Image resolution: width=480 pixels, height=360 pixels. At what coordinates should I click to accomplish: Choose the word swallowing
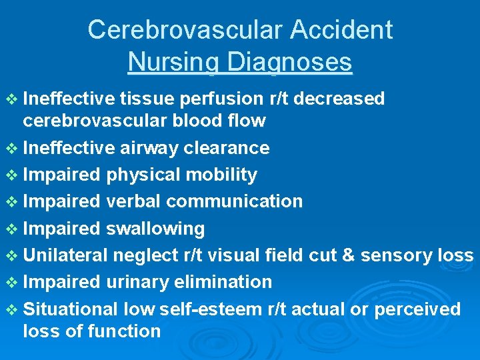[x=155, y=229]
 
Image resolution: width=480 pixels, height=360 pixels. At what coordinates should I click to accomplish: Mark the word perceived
[x=417, y=309]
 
